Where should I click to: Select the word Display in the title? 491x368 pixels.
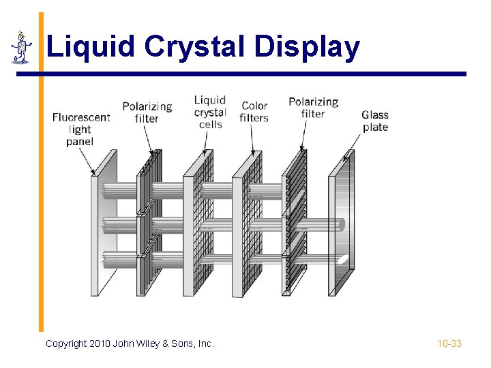click(x=307, y=47)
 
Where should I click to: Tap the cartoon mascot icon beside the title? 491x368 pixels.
click(x=22, y=48)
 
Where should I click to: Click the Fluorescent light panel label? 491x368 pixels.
click(x=80, y=129)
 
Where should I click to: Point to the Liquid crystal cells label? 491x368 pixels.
click(x=210, y=112)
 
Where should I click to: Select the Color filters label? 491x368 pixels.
click(x=254, y=112)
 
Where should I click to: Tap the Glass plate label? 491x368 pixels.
click(x=375, y=121)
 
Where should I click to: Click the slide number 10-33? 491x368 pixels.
click(x=449, y=343)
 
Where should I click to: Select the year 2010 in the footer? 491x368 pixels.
click(x=100, y=343)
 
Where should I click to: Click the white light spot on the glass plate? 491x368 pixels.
click(x=344, y=258)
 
